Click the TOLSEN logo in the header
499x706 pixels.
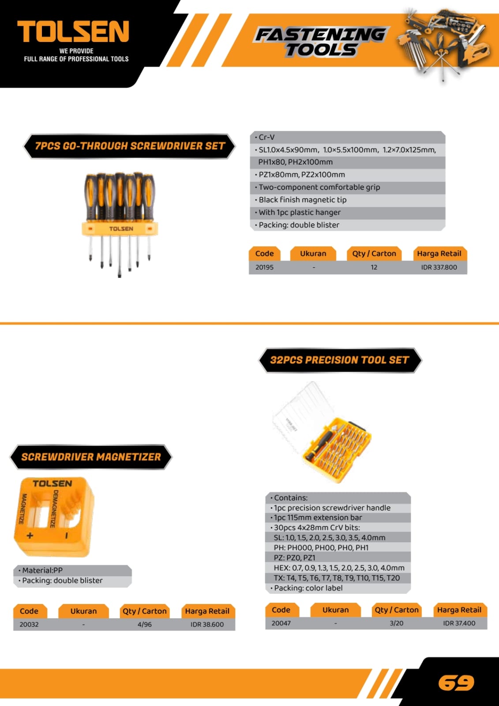(x=73, y=32)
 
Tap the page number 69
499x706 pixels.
(x=456, y=683)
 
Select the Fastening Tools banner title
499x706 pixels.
(x=320, y=42)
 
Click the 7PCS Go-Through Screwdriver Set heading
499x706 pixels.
(x=130, y=146)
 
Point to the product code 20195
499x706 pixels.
(x=264, y=267)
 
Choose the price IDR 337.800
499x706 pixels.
(x=439, y=267)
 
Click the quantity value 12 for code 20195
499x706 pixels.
(x=374, y=267)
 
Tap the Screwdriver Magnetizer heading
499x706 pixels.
(x=91, y=457)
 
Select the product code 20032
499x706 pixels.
(x=29, y=624)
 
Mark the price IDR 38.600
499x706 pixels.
(x=207, y=624)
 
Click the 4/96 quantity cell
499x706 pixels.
(x=144, y=624)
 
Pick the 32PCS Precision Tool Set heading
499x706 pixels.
(x=339, y=360)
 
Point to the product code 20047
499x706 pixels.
(x=281, y=623)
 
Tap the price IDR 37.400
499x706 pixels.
(x=459, y=623)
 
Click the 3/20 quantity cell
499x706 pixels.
(x=396, y=623)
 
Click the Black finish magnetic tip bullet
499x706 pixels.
(x=303, y=200)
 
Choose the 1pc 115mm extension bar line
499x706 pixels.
(x=318, y=518)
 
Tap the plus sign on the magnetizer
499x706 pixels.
(x=30, y=536)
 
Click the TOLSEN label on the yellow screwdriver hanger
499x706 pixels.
(x=121, y=229)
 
